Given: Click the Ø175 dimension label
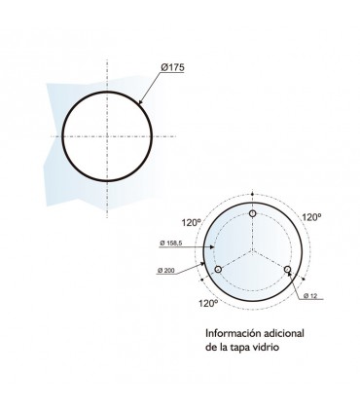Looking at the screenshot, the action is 173,67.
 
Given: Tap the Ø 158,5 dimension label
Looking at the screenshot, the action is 171,243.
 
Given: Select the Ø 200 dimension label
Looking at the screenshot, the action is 166,270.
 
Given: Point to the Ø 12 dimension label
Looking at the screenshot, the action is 310,295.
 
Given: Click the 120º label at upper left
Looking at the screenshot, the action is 192,223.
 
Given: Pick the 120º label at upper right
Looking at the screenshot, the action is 311,217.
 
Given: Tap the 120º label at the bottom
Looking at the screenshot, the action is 208,304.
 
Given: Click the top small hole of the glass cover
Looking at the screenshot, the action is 253,213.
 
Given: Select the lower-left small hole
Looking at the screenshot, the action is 218,270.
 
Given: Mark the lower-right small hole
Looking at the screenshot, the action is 287,270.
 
